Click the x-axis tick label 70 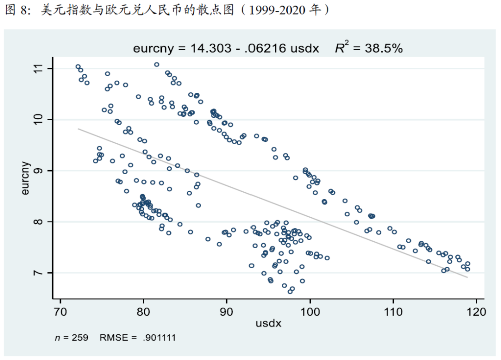60,311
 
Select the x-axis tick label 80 143,311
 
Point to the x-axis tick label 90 227,311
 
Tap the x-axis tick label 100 310,311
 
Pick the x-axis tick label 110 393,311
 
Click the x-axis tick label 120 476,311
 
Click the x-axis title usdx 268,323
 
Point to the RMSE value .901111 159,338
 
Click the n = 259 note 71,338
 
